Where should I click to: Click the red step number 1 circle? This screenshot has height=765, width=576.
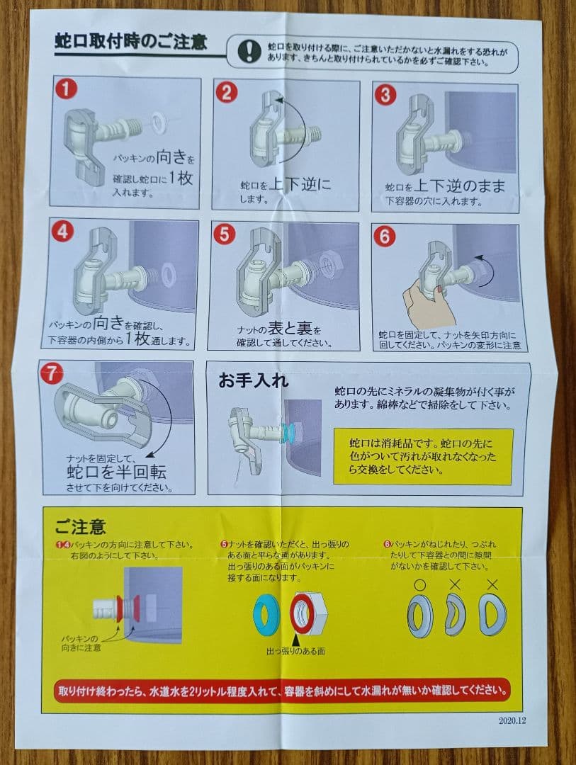click(x=66, y=89)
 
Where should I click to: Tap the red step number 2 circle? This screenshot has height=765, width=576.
click(x=226, y=92)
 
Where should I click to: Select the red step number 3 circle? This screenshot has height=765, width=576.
click(x=385, y=95)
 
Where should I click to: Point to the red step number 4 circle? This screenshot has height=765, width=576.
click(x=62, y=231)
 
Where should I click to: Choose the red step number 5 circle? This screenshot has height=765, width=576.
click(x=224, y=234)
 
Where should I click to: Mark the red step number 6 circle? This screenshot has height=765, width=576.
click(x=385, y=237)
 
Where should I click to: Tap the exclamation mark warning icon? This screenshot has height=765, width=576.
click(x=249, y=50)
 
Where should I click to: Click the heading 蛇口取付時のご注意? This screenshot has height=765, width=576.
click(x=131, y=42)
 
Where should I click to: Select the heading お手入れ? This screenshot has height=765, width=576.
click(x=253, y=380)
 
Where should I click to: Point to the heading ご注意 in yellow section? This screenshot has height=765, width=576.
click(x=80, y=527)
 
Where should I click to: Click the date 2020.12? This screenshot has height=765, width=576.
click(x=512, y=720)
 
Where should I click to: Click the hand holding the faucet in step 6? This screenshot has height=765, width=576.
click(x=426, y=302)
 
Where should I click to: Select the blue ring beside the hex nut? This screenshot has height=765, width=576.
click(x=266, y=614)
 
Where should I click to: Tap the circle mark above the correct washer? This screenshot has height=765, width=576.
click(x=419, y=584)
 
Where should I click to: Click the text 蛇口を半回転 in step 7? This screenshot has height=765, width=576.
click(x=116, y=472)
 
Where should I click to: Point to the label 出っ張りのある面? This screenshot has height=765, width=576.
click(x=295, y=651)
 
